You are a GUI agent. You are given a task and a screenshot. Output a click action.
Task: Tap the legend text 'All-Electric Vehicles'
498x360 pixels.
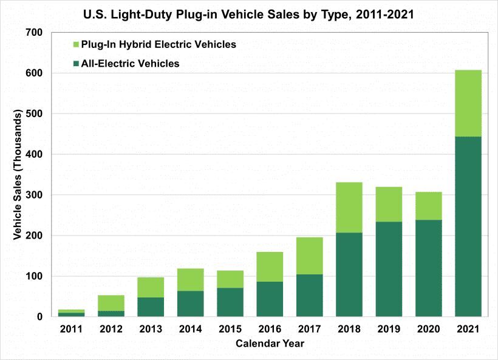pyautogui.click(x=130, y=63)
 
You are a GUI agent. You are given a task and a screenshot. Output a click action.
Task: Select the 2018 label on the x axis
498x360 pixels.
pyautogui.click(x=349, y=329)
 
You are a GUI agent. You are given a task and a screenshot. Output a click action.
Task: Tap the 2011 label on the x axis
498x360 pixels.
pyautogui.click(x=72, y=329)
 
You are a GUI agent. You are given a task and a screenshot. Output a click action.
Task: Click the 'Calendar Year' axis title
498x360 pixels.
pyautogui.click(x=270, y=344)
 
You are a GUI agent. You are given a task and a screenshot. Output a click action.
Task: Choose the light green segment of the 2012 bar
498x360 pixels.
pyautogui.click(x=111, y=303)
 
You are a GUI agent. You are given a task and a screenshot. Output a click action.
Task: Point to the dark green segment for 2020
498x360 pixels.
pyautogui.click(x=429, y=268)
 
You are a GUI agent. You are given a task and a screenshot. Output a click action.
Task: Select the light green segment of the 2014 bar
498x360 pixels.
pyautogui.click(x=191, y=279)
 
